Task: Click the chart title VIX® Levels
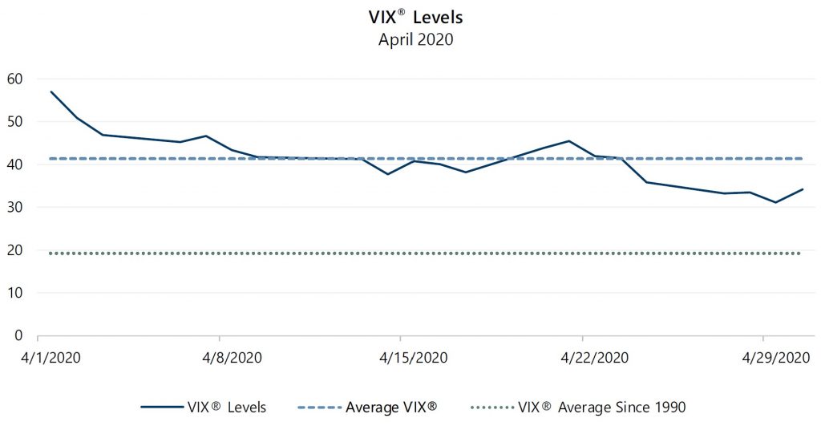pos(415,18)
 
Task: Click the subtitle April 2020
pos(415,39)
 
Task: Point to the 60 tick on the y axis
pos(14,79)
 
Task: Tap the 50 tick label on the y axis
pos(14,122)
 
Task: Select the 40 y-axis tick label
pos(14,164)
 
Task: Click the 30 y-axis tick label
pos(14,207)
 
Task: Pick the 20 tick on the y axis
pos(14,250)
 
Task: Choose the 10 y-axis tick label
pos(14,293)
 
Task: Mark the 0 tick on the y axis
pos(18,335)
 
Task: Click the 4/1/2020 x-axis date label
pos(38,357)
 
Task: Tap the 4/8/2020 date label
pos(219,357)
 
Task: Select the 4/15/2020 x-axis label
pos(401,357)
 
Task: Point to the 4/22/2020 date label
pos(582,357)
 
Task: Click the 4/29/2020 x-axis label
pos(764,357)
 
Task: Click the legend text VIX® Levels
pos(227,408)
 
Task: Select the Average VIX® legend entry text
pos(391,408)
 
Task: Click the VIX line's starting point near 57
pos(51,91)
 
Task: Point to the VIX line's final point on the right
pos(803,189)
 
